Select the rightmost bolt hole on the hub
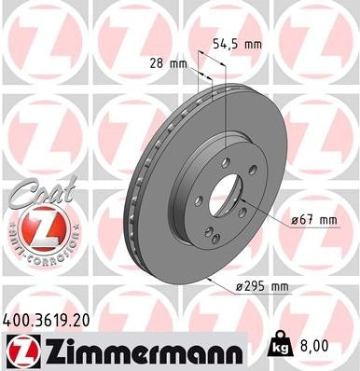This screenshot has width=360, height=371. click(x=244, y=198)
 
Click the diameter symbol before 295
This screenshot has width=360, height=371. click(x=240, y=287)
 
